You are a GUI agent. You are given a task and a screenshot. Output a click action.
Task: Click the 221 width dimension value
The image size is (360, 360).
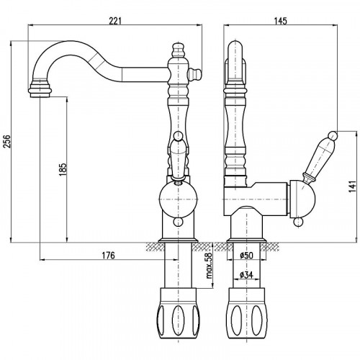[x=116, y=19]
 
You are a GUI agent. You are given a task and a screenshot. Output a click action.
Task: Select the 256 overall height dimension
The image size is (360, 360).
[x=8, y=141]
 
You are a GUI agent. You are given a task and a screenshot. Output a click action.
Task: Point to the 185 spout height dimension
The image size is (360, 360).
[x=63, y=173]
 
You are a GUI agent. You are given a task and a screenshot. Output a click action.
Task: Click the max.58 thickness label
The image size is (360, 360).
[x=207, y=267]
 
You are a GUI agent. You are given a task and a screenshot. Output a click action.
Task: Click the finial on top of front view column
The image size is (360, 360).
[x=177, y=50]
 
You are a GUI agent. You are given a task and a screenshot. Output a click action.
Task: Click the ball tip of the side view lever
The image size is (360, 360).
[x=332, y=134]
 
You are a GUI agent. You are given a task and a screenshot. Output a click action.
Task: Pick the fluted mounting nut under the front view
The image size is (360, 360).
[x=176, y=313]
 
